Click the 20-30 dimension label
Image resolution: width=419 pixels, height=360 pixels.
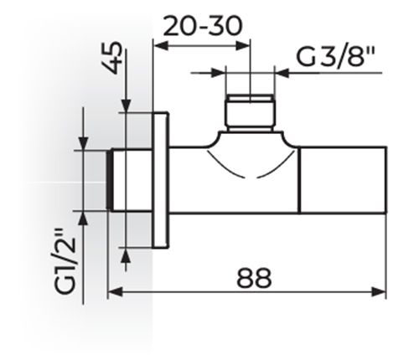(x=202, y=26)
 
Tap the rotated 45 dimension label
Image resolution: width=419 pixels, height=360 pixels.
(x=113, y=58)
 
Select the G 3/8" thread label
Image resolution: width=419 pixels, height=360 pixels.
(x=335, y=57)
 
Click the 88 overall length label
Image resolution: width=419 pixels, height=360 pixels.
(x=254, y=278)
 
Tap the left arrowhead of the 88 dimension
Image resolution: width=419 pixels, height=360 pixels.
(x=115, y=292)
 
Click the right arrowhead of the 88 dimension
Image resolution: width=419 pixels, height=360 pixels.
(x=379, y=292)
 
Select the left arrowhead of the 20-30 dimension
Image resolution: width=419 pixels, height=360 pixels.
(x=161, y=45)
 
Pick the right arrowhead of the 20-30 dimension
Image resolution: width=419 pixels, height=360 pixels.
(x=242, y=45)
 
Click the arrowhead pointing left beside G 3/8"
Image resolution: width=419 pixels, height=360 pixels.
(x=282, y=73)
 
